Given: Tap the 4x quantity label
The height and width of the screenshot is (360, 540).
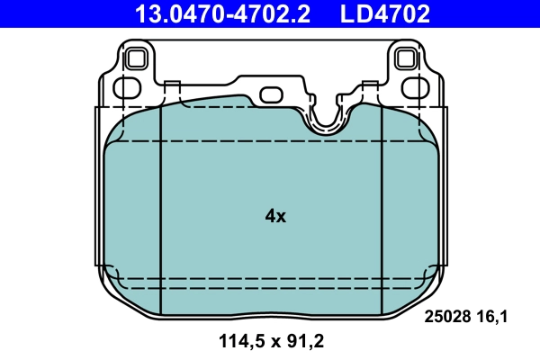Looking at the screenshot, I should tap(275, 216).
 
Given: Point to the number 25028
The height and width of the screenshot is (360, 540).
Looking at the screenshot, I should tap(445, 316).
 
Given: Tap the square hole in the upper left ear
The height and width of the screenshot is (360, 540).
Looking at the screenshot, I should tap(138, 59).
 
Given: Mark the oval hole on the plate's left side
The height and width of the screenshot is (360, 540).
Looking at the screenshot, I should tap(118, 88).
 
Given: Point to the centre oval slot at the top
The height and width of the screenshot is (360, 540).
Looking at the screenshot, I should tap(271, 93).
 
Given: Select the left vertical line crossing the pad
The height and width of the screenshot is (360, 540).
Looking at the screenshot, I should tap(159, 207).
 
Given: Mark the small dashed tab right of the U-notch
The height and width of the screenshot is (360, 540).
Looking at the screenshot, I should tap(368, 89).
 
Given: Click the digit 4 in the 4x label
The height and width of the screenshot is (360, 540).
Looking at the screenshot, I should tap(270, 216).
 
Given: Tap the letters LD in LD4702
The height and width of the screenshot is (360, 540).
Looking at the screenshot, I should tap(352, 13).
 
